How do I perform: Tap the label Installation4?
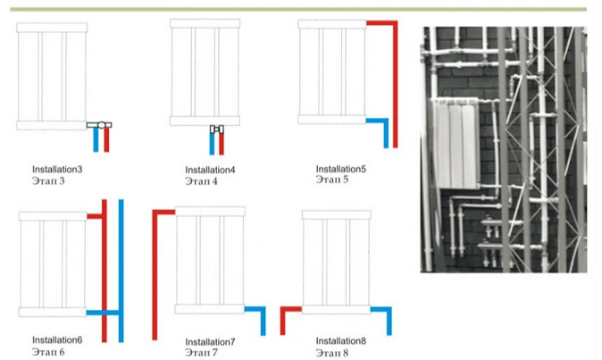[x=210, y=170]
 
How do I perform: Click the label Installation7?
[x=210, y=342]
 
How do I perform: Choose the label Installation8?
[x=342, y=340]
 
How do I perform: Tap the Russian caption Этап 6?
[x=49, y=352]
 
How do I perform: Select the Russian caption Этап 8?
[x=333, y=352]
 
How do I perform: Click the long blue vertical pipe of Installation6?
[x=121, y=268]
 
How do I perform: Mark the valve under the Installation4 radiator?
[x=215, y=130]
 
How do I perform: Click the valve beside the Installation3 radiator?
[x=100, y=125]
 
